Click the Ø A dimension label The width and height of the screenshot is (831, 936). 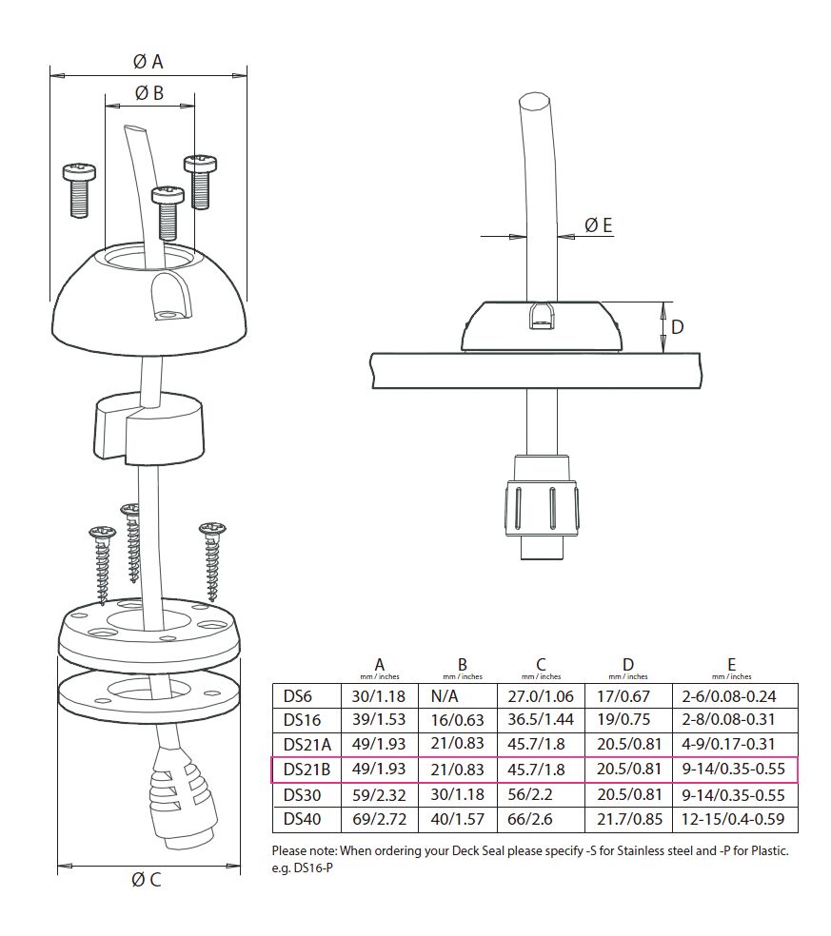click(148, 62)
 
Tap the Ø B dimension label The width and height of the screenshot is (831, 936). click(148, 93)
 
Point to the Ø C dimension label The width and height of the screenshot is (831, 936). click(147, 879)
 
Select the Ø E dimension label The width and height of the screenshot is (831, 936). click(599, 225)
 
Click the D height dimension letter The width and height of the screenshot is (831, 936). click(677, 326)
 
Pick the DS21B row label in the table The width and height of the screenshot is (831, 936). click(307, 770)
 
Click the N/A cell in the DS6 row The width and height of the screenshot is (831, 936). click(445, 696)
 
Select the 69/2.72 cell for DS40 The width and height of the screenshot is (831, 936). click(380, 819)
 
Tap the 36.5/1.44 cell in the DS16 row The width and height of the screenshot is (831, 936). click(540, 720)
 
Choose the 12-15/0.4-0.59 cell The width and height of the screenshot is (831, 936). click(732, 819)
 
